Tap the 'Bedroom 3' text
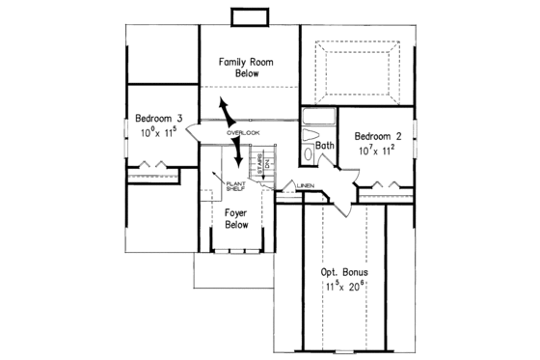pyautogui.click(x=159, y=119)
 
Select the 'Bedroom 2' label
pyautogui.click(x=376, y=136)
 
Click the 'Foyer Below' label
pyautogui.click(x=236, y=218)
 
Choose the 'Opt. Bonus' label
pyautogui.click(x=343, y=272)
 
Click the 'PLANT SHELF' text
pyautogui.click(x=235, y=186)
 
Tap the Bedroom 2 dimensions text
pyautogui.click(x=376, y=150)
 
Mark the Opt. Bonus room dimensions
pyautogui.click(x=343, y=287)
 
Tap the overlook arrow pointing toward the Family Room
pyautogui.click(x=225, y=108)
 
